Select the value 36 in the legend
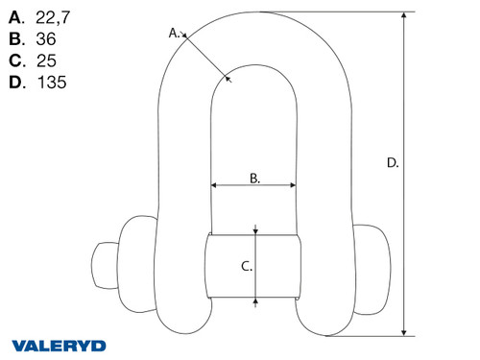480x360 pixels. [46, 40]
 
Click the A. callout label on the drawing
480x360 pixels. [176, 32]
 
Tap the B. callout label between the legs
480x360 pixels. [253, 178]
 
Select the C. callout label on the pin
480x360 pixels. [245, 266]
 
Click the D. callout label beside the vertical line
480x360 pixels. [392, 163]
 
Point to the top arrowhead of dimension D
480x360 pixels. [408, 15]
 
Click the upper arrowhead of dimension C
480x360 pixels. [255, 229]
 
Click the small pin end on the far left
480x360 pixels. [103, 263]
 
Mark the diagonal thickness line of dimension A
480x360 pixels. [205, 56]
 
